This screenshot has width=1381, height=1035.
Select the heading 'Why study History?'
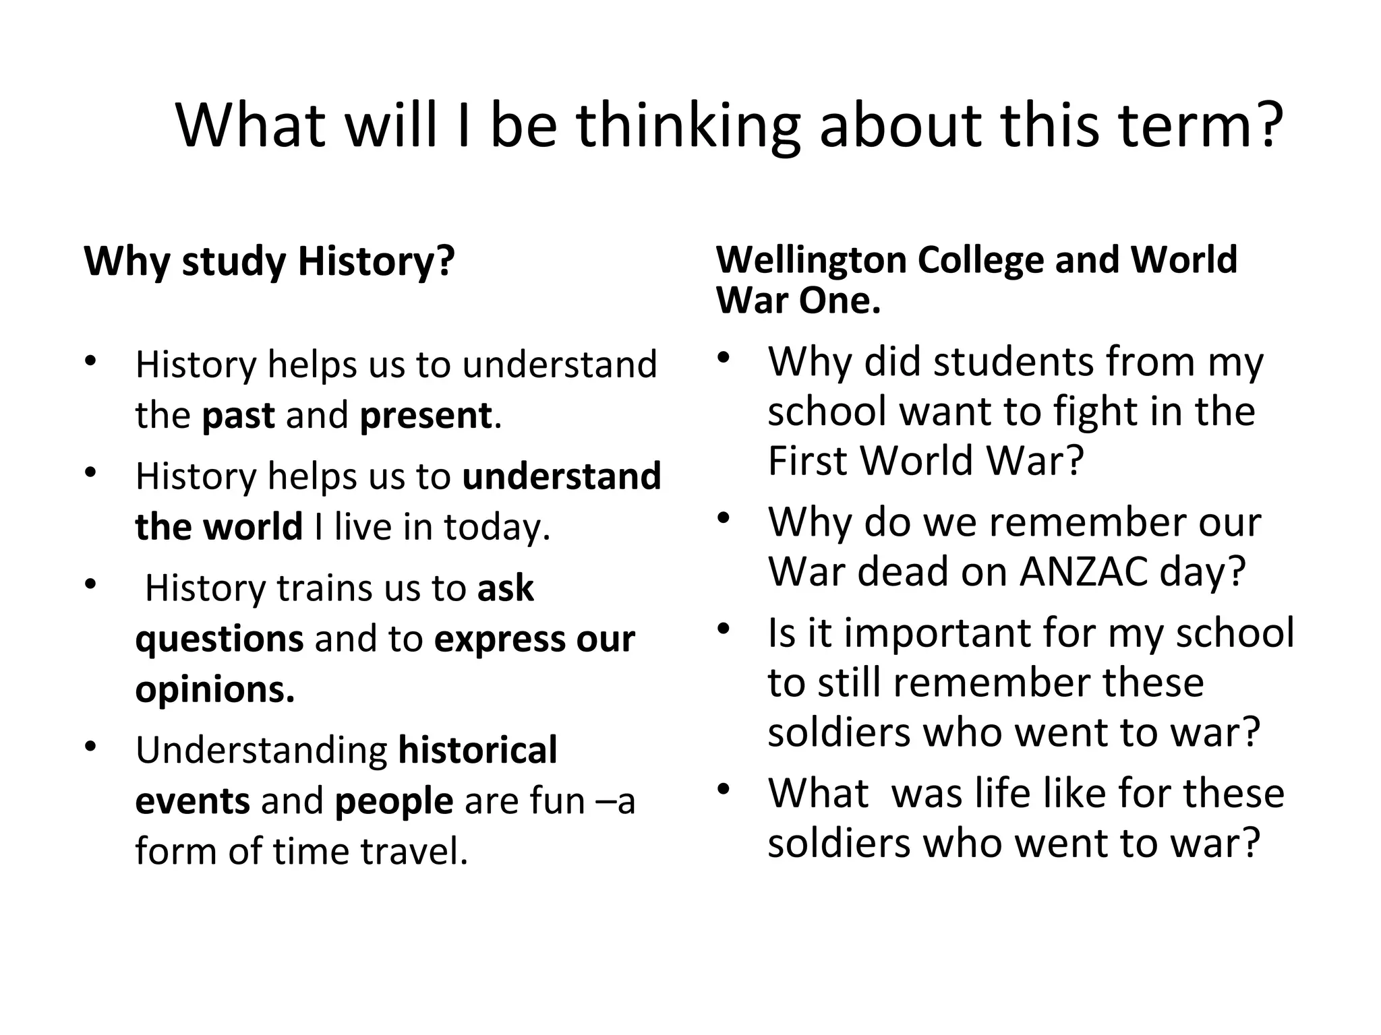pyautogui.click(x=269, y=261)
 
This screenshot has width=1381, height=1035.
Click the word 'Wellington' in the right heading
pyautogui.click(x=811, y=260)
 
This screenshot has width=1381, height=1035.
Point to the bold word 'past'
pyautogui.click(x=238, y=415)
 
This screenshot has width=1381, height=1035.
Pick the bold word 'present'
pyautogui.click(x=425, y=415)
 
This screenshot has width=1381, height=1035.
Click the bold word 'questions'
pyautogui.click(x=219, y=639)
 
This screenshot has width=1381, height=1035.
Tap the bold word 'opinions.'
pyautogui.click(x=215, y=689)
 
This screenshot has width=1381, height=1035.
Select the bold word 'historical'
pyautogui.click(x=477, y=750)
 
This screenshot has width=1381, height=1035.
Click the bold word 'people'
pyautogui.click(x=394, y=801)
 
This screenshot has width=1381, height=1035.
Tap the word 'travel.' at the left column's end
pyautogui.click(x=414, y=851)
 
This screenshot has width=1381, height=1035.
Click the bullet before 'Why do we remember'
pyautogui.click(x=724, y=518)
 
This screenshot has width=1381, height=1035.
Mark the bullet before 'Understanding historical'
pyautogui.click(x=91, y=747)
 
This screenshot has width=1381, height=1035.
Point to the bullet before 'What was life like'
pyautogui.click(x=724, y=789)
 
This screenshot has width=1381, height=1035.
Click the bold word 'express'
pyautogui.click(x=495, y=639)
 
